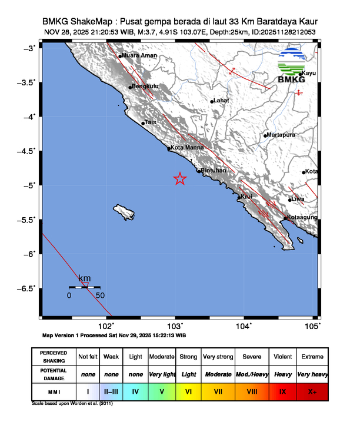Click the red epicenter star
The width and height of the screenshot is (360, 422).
[180, 179]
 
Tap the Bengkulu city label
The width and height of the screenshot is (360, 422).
[145, 87]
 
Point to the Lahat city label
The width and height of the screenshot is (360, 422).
[221, 101]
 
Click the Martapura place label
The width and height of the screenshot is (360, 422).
[281, 135]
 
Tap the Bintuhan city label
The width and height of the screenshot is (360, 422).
[214, 171]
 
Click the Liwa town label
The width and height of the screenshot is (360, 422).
[298, 199]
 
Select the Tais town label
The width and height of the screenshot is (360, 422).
[150, 122]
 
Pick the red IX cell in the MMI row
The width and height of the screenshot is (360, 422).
[282, 391]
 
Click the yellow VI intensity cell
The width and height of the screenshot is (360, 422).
[188, 391]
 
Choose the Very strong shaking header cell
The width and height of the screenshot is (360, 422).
[218, 357]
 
